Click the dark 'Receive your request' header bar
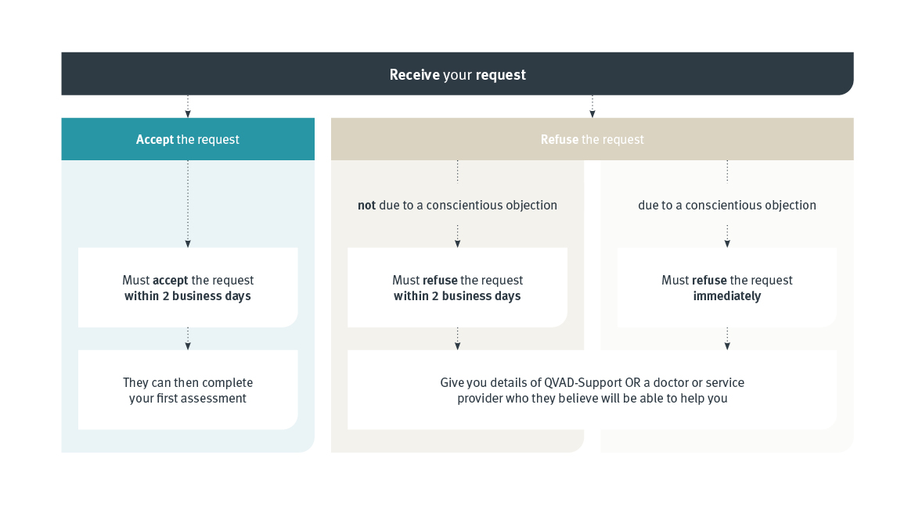[x=457, y=74]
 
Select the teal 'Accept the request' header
[x=188, y=139]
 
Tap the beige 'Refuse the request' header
[x=592, y=139]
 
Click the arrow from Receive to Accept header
[x=188, y=106]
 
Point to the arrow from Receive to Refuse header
[x=592, y=106]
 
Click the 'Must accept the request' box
[x=188, y=288]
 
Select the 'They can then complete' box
[x=188, y=390]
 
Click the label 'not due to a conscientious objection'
[x=457, y=206]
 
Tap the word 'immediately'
[x=726, y=296]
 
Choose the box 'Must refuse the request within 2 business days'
[x=457, y=288]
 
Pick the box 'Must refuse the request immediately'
[x=726, y=288]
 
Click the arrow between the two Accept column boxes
[x=188, y=338]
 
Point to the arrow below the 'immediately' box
[x=727, y=338]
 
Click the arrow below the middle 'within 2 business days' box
[x=457, y=338]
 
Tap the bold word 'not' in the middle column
[x=366, y=206]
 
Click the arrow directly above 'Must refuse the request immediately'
[x=727, y=237]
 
